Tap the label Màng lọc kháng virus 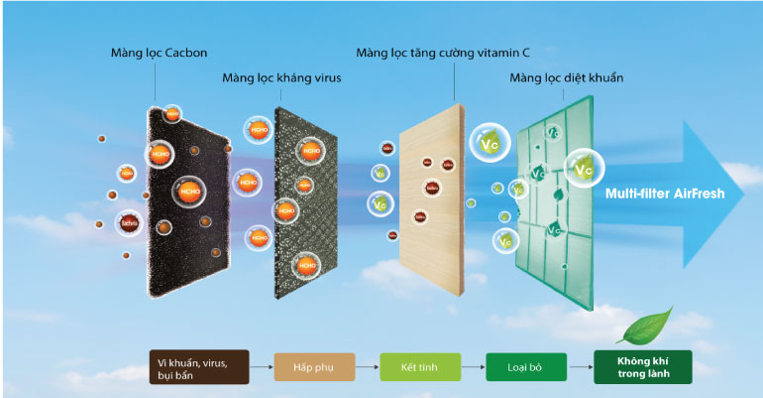tap(281, 77)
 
